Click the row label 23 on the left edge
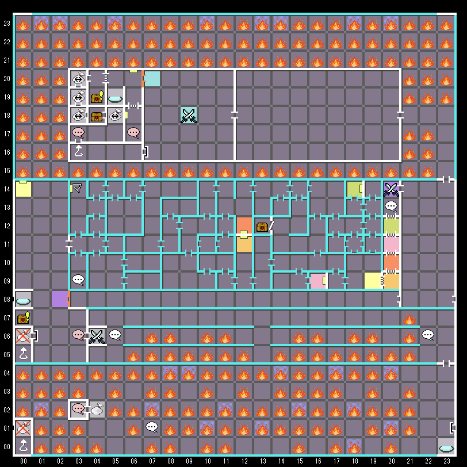click(7, 24)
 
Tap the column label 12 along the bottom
click(244, 461)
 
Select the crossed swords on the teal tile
click(189, 115)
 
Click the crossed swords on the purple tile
click(391, 189)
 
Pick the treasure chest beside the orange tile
click(262, 227)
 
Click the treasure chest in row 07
click(23, 318)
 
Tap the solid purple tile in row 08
click(60, 299)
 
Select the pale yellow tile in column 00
click(23, 189)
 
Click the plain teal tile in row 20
click(152, 79)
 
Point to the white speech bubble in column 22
click(428, 335)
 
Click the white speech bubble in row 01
click(152, 427)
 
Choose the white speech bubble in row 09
click(78, 280)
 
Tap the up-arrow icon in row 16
click(79, 151)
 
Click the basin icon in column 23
click(446, 447)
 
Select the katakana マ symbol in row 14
click(77, 188)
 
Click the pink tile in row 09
click(317, 281)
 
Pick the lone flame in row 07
click(409, 319)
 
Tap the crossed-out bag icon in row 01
click(23, 428)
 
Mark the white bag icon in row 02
click(97, 409)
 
